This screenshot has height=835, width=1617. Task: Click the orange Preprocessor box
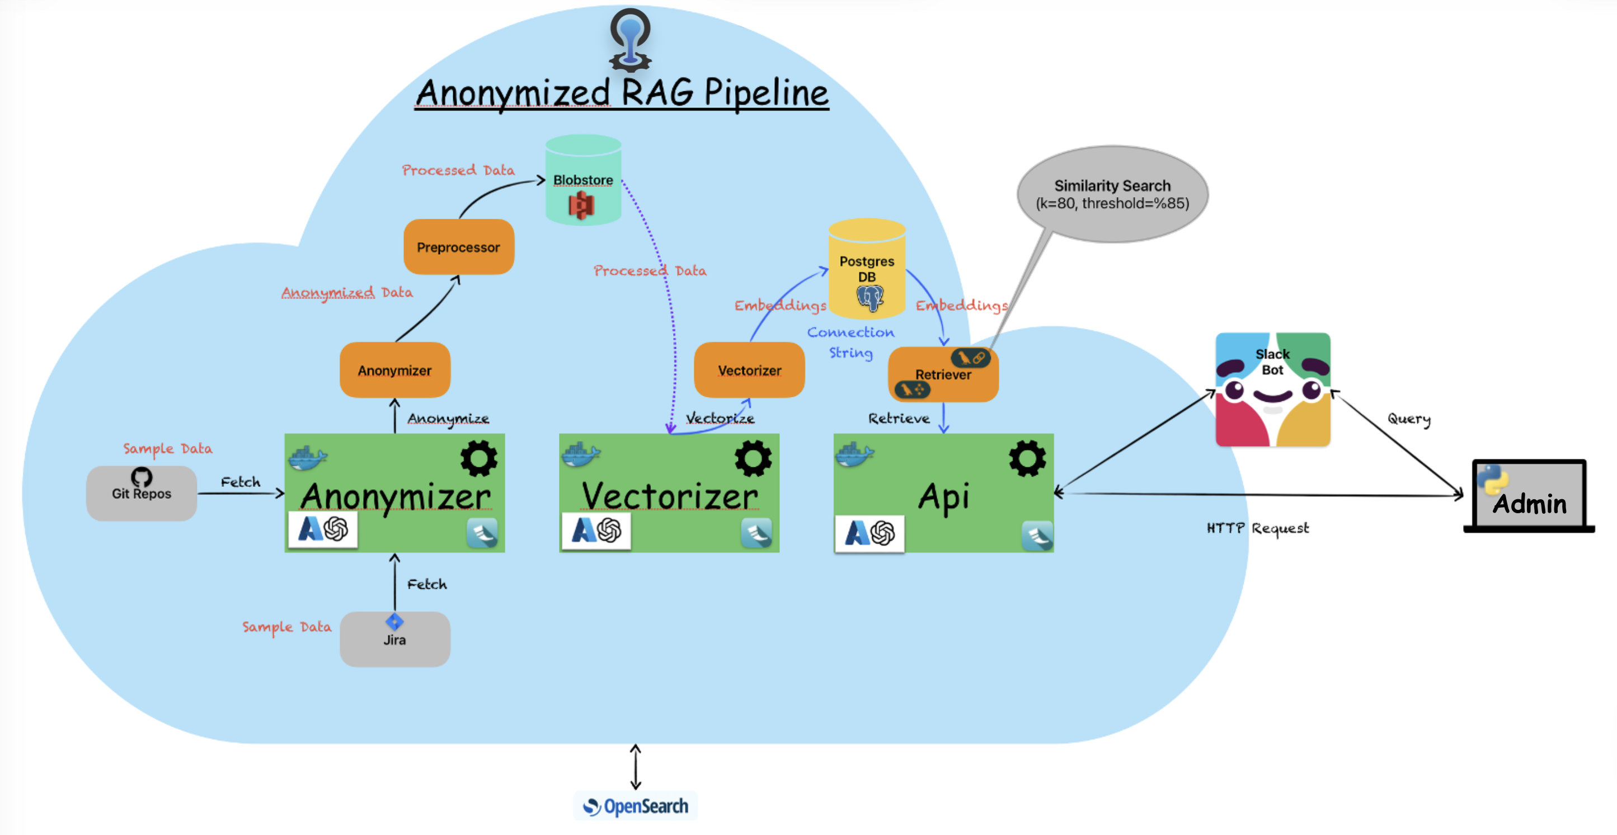point(458,247)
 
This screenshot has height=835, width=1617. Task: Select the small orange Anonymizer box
point(394,370)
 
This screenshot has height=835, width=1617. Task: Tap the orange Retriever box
point(942,375)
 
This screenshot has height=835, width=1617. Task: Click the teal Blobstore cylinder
point(583,181)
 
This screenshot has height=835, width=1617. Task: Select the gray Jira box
point(394,639)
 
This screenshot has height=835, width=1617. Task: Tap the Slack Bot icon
point(1272,390)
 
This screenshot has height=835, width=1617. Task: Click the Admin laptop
point(1529,496)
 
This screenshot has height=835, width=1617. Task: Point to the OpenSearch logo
point(635,805)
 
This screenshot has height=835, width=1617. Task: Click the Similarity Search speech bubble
point(1112,195)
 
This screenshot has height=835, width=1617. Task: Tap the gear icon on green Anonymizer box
point(478,458)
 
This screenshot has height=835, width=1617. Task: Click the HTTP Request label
point(1257,528)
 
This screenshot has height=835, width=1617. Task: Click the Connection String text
point(850,342)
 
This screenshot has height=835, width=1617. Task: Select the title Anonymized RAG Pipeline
point(622,93)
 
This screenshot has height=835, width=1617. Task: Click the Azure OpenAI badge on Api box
point(869,533)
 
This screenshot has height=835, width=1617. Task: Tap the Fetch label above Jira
point(427,584)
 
